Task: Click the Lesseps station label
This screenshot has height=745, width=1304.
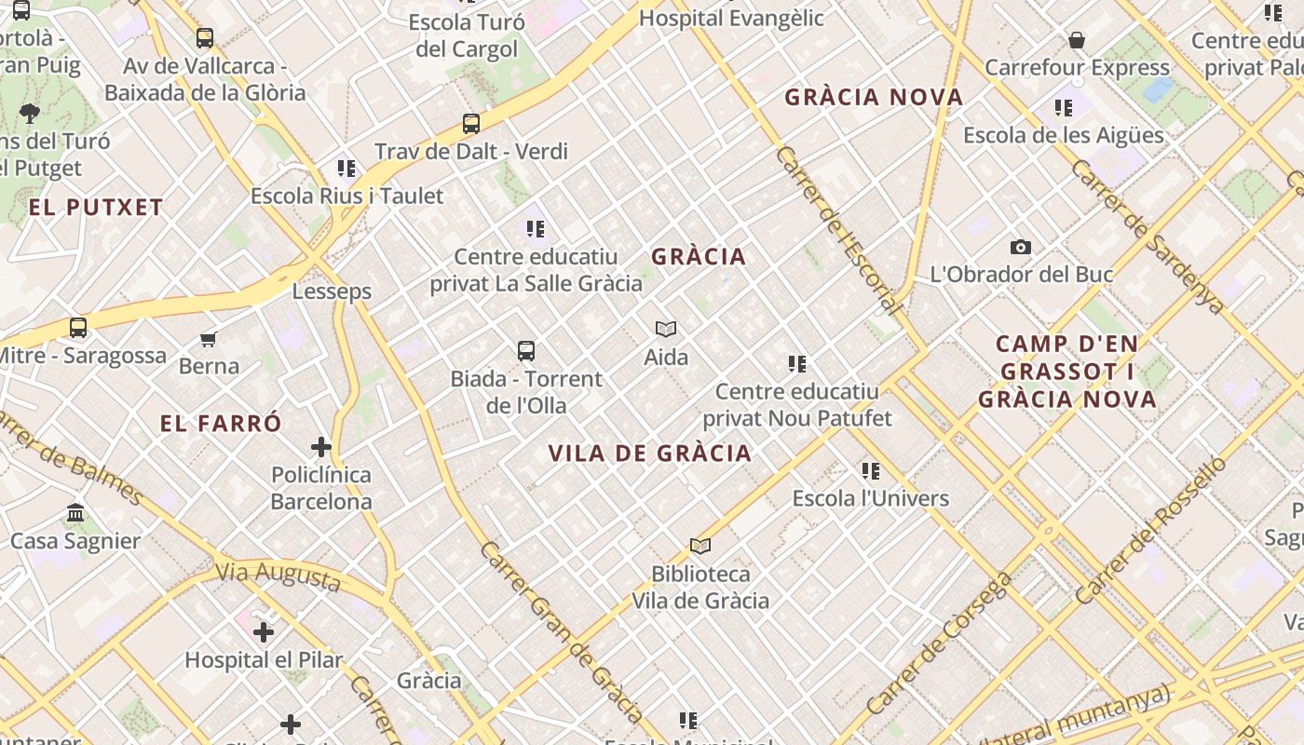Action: click(332, 291)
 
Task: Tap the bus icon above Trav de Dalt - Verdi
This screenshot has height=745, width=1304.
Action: click(471, 123)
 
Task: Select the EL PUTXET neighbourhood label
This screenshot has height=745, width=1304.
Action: click(96, 207)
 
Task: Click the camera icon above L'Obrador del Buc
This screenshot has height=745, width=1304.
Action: click(1021, 247)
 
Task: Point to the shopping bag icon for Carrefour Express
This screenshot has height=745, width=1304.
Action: click(1077, 40)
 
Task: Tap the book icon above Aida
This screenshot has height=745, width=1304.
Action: click(666, 329)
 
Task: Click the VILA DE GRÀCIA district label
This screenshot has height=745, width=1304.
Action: click(649, 454)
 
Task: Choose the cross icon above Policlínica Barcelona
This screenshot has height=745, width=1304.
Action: click(321, 447)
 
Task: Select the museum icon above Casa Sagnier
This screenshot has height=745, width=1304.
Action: click(75, 513)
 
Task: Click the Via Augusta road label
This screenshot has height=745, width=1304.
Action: click(278, 576)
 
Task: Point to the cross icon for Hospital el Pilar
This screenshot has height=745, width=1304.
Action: click(264, 632)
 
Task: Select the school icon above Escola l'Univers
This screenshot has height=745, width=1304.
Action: click(871, 471)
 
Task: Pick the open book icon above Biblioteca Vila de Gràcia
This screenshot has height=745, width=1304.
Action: click(700, 546)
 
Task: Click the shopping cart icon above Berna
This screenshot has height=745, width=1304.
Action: click(209, 339)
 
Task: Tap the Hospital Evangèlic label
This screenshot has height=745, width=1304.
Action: click(731, 18)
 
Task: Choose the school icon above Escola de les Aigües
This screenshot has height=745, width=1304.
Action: click(1064, 108)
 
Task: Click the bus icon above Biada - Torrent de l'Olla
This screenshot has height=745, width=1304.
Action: click(526, 351)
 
